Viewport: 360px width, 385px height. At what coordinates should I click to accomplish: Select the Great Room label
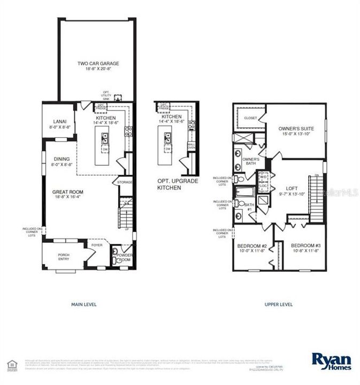pyautogui.click(x=67, y=194)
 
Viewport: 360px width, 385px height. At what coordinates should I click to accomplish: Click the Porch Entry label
pyautogui.click(x=64, y=258)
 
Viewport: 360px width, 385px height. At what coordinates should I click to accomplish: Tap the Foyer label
pyautogui.click(x=97, y=245)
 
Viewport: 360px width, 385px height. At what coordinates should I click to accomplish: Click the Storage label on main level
pyautogui.click(x=124, y=183)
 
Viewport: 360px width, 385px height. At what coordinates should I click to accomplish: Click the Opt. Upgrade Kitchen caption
pyautogui.click(x=177, y=184)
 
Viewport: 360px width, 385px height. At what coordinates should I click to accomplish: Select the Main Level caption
pyautogui.click(x=83, y=304)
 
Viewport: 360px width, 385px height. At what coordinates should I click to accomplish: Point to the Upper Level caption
pyautogui.click(x=279, y=304)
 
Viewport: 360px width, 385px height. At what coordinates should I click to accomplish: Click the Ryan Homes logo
pyautogui.click(x=332, y=361)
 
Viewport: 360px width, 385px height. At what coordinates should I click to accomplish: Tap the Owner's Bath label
pyautogui.click(x=251, y=161)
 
